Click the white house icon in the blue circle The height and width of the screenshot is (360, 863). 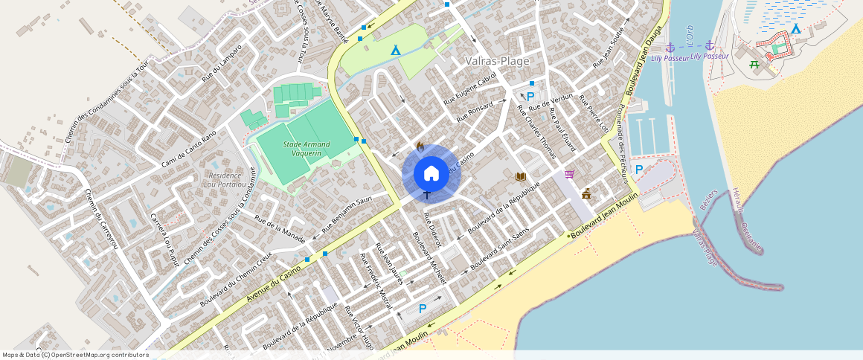[x=431, y=174]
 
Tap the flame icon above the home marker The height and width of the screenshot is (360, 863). [x=420, y=147]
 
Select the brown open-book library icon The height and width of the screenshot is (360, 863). [x=521, y=177]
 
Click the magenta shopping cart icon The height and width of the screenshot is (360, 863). [x=569, y=174]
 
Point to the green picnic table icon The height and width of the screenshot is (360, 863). [x=754, y=65]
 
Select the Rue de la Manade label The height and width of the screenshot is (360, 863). [x=280, y=225]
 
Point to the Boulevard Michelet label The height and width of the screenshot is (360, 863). [x=429, y=258]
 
